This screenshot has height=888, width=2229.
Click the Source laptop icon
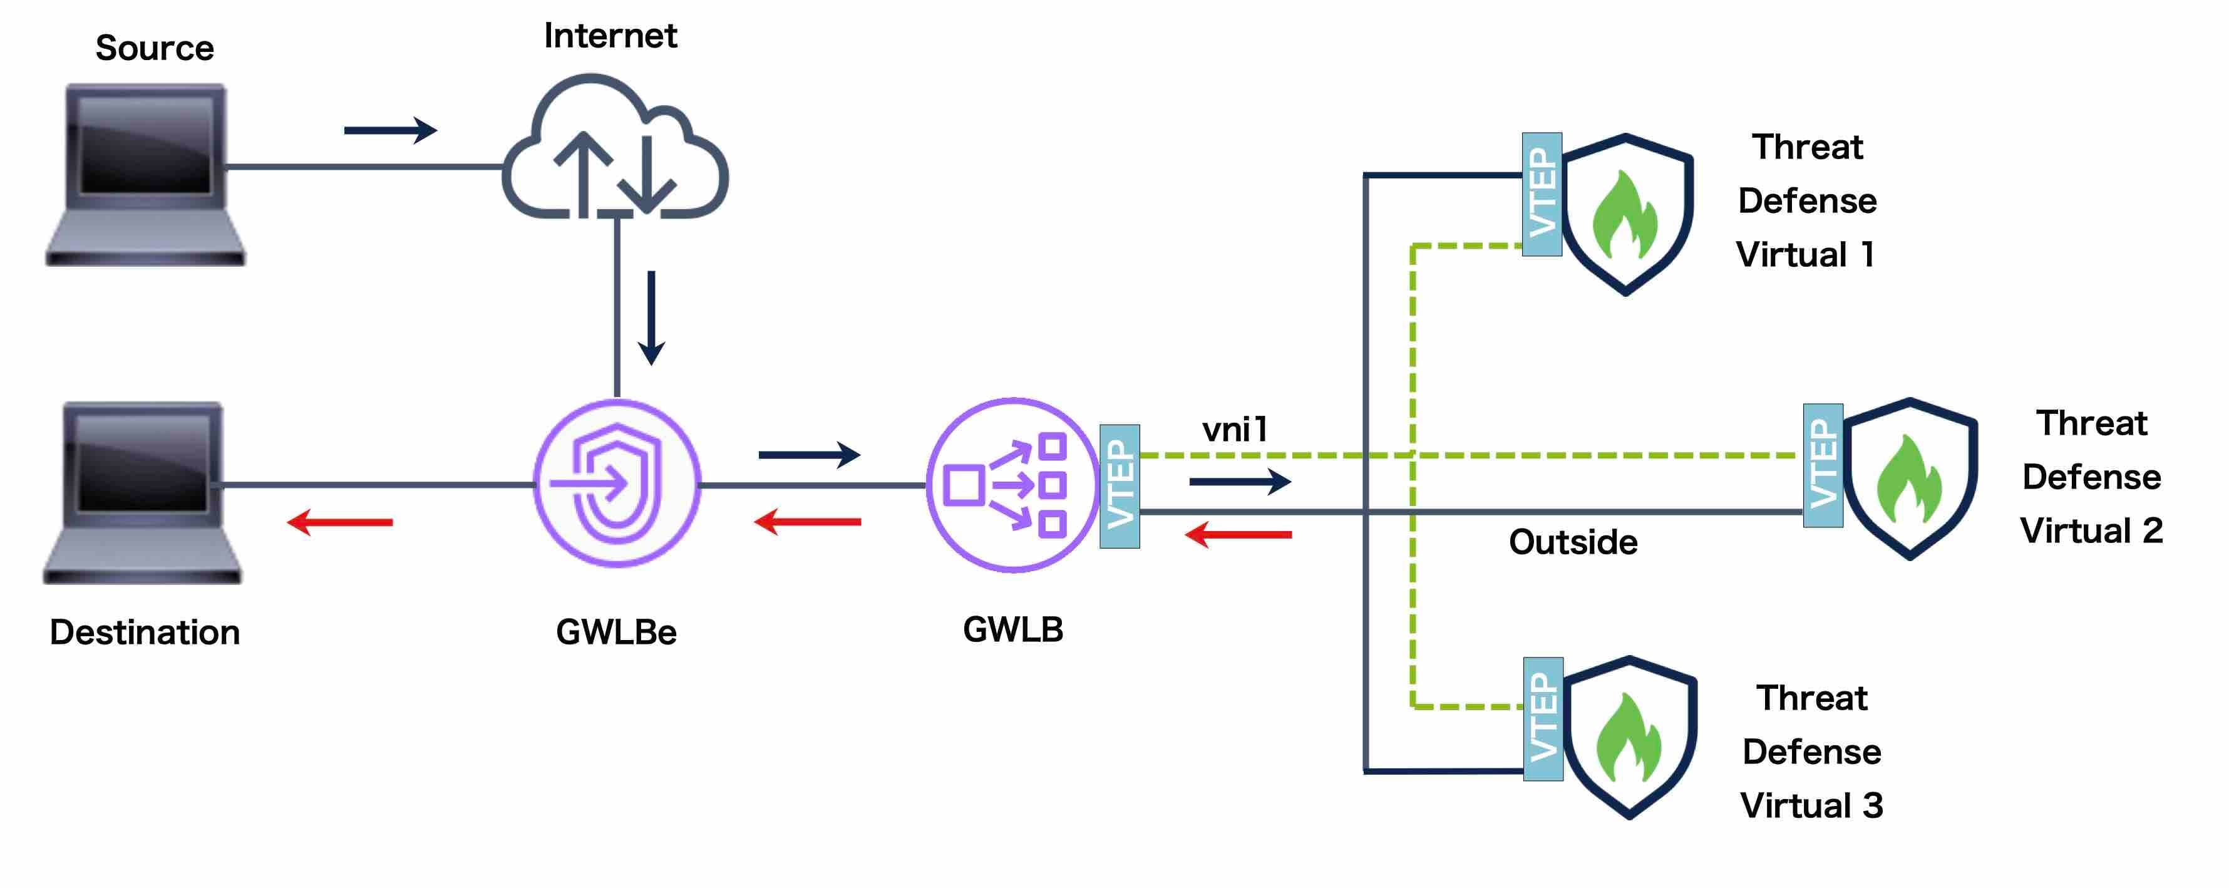(145, 173)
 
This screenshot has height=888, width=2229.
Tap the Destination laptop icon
(143, 492)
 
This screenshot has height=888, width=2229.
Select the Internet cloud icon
(615, 149)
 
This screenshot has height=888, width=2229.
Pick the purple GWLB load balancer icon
(1012, 485)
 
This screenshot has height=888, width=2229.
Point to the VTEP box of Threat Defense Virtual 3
(1543, 719)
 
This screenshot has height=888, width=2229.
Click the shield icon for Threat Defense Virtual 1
(1627, 214)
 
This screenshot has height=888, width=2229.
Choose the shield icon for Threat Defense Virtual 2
(1910, 478)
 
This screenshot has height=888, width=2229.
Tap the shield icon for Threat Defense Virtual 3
(1629, 738)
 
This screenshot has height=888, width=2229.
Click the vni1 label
(1235, 430)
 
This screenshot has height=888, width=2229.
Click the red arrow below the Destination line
(340, 522)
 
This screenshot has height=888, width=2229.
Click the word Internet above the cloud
(610, 36)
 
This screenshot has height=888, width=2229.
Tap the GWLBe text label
(616, 632)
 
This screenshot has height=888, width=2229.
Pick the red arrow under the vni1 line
(1238, 535)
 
